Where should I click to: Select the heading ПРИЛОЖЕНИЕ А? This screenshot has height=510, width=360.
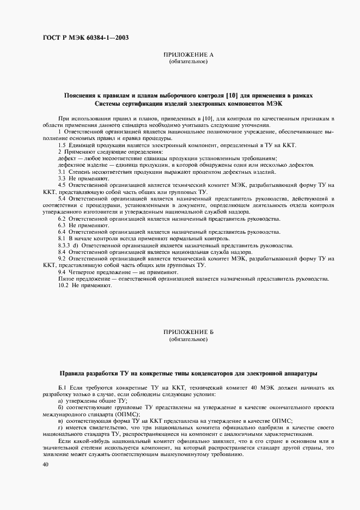click(x=188, y=55)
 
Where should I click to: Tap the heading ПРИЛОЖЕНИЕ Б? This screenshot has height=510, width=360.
click(x=188, y=332)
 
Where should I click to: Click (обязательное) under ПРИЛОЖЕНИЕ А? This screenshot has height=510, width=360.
click(x=188, y=62)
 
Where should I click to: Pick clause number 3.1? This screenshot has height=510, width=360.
click(x=62, y=172)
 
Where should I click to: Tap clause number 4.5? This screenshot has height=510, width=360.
click(x=62, y=185)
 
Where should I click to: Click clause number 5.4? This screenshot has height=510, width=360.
click(x=62, y=198)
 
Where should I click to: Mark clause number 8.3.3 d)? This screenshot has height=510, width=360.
click(x=68, y=245)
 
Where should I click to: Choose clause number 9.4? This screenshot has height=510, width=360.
click(x=62, y=271)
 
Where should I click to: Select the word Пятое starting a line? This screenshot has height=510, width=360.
click(x=66, y=278)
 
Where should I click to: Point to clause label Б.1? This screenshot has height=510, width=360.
click(x=62, y=387)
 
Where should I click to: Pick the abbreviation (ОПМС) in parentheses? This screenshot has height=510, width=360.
click(x=117, y=414)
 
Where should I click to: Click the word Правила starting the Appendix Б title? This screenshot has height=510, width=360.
click(x=75, y=373)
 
